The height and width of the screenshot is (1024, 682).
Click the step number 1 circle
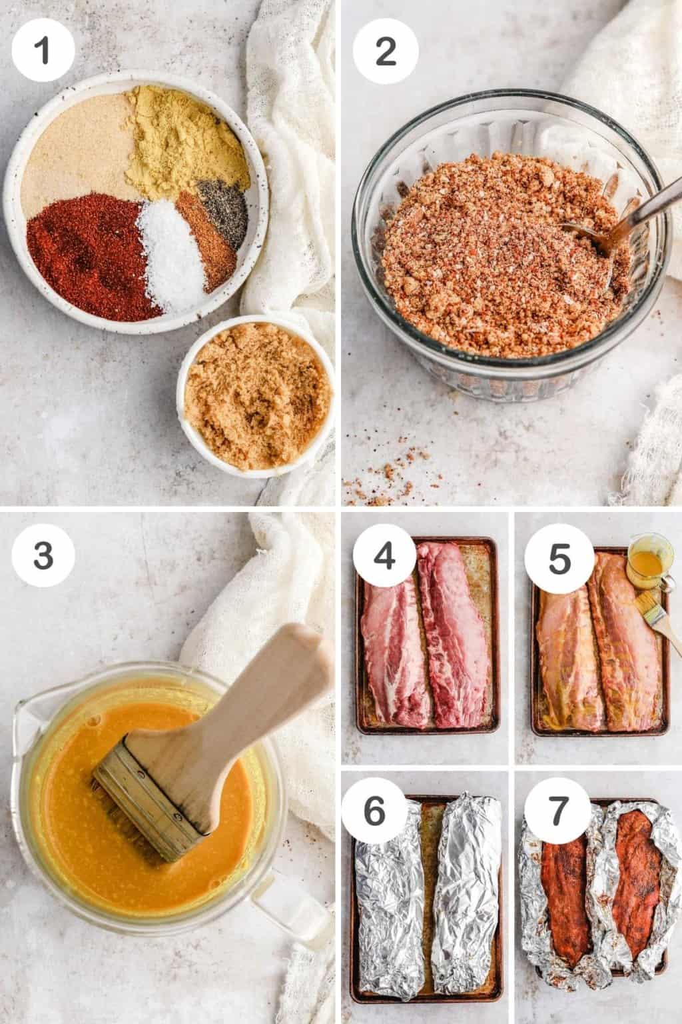click(44, 51)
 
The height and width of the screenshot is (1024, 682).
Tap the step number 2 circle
click(386, 51)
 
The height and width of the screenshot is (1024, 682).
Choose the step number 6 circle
click(375, 810)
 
